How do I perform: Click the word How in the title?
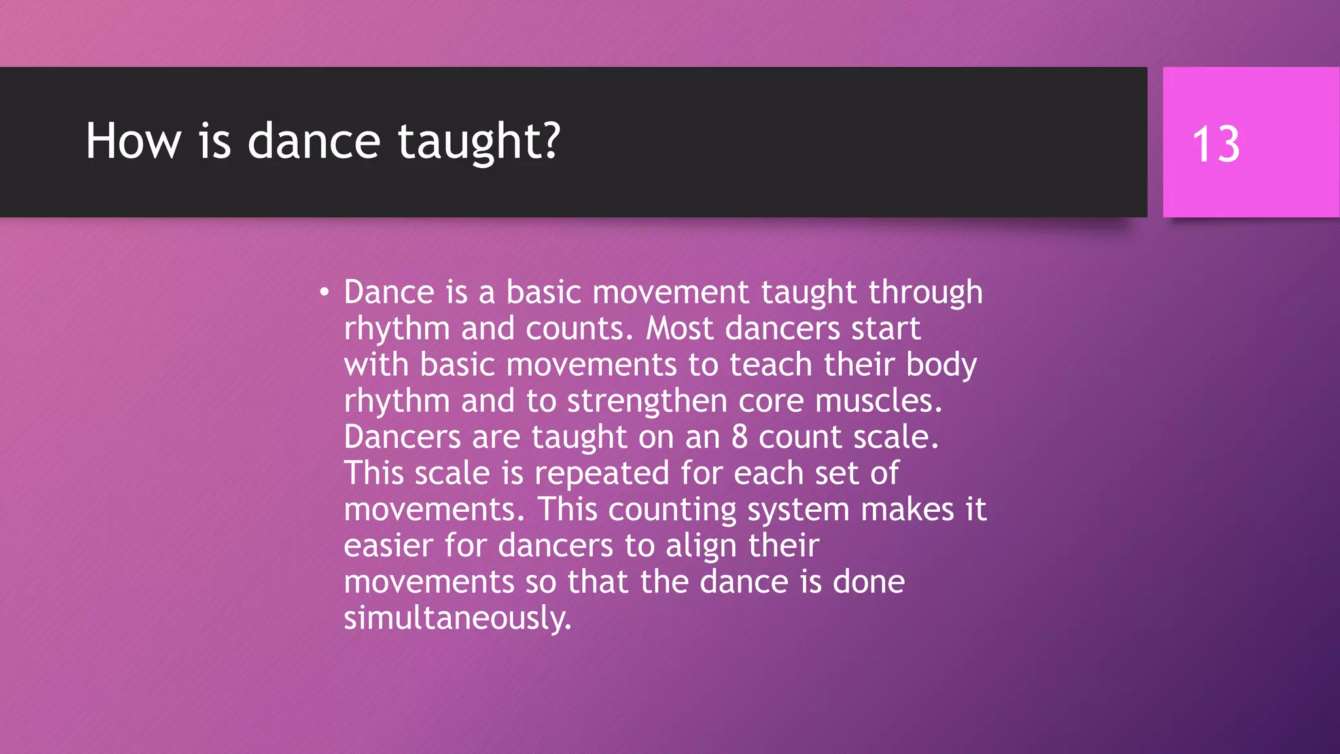tap(133, 141)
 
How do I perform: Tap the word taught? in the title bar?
tap(479, 142)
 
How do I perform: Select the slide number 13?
tap(1216, 145)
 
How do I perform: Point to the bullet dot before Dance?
tap(324, 292)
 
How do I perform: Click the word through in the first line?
tap(925, 293)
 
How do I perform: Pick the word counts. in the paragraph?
tap(580, 329)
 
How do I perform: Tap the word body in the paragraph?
tap(941, 365)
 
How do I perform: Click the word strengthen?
tap(646, 401)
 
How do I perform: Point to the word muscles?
tap(878, 401)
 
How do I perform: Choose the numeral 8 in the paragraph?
tap(739, 437)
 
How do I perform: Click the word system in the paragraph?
tap(798, 510)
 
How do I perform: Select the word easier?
tap(388, 546)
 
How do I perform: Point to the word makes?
tap(907, 510)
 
